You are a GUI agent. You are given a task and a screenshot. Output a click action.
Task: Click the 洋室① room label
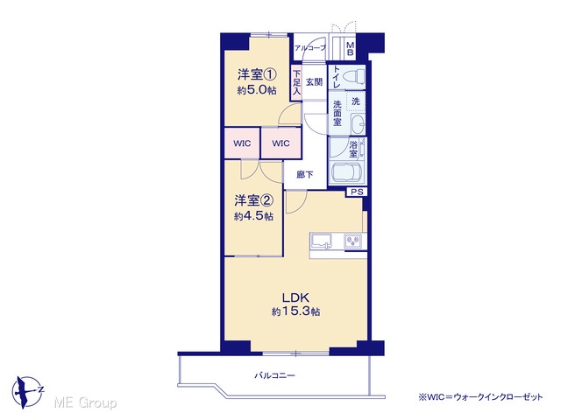click(x=257, y=74)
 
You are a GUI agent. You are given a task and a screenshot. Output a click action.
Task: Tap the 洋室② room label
click(x=253, y=200)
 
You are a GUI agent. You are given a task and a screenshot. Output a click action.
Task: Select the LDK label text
click(x=295, y=297)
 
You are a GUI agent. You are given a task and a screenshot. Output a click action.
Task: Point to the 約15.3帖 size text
click(x=295, y=311)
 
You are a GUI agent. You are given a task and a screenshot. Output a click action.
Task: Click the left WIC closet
click(x=242, y=143)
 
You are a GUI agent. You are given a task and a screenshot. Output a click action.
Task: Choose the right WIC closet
click(x=280, y=143)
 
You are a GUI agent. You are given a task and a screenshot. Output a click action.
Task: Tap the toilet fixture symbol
click(x=353, y=76)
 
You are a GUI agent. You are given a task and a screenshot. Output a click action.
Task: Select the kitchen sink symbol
click(x=321, y=241)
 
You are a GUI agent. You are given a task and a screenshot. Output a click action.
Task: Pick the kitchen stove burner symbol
click(x=353, y=241)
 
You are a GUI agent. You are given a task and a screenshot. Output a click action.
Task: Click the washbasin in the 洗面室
click(x=357, y=124)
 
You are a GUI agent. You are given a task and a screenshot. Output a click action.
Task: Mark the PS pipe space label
click(x=357, y=192)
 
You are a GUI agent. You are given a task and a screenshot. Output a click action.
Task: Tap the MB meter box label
click(x=351, y=49)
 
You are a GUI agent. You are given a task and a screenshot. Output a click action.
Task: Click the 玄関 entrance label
click(x=314, y=82)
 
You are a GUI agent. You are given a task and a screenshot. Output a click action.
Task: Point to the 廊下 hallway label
click(x=305, y=175)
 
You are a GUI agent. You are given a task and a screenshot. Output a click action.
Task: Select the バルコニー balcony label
click(x=274, y=375)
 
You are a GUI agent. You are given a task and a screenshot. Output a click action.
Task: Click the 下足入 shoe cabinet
click(x=296, y=82)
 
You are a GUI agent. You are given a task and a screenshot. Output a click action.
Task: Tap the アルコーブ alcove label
click(x=309, y=47)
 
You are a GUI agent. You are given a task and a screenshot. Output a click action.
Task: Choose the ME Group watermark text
click(x=85, y=402)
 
